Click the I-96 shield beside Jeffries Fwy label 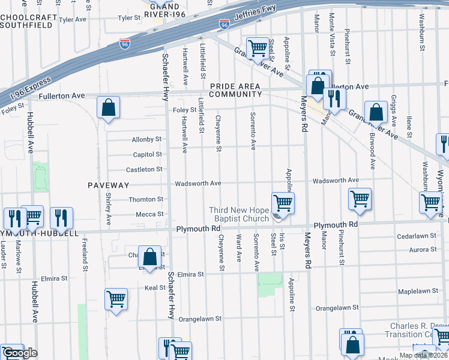224,25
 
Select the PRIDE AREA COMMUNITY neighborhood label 235,91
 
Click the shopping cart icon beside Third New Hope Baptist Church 283,203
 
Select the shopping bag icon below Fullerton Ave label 109,108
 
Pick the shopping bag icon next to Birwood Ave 376,112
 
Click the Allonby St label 147,139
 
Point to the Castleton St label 143,169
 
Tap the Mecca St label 149,214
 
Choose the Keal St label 155,288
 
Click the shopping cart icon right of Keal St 116,299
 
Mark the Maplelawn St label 418,291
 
